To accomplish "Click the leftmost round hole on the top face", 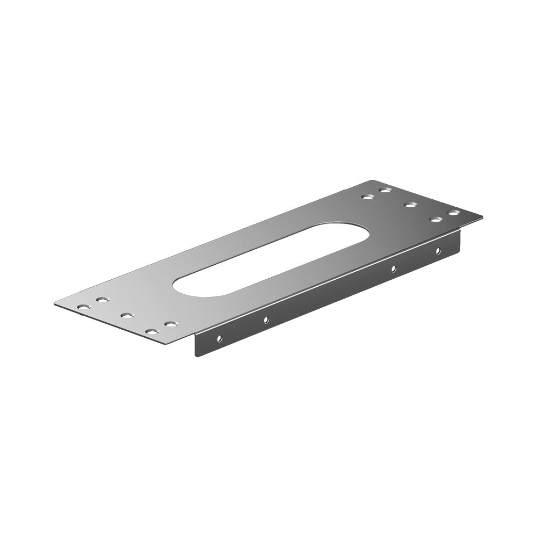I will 83,307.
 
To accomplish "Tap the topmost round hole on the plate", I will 384,190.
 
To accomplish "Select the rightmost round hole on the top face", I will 454,213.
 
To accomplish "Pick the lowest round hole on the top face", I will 153,332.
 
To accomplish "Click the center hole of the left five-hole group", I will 126,315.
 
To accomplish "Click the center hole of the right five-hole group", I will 411,205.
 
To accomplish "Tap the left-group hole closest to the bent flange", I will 171,324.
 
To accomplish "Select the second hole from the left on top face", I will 101,300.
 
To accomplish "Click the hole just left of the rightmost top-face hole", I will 436,219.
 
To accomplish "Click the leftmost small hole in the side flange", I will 219,338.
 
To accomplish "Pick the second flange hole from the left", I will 266,320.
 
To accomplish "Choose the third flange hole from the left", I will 393,268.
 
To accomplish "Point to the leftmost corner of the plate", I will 55,304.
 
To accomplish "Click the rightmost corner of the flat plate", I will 482,217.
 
